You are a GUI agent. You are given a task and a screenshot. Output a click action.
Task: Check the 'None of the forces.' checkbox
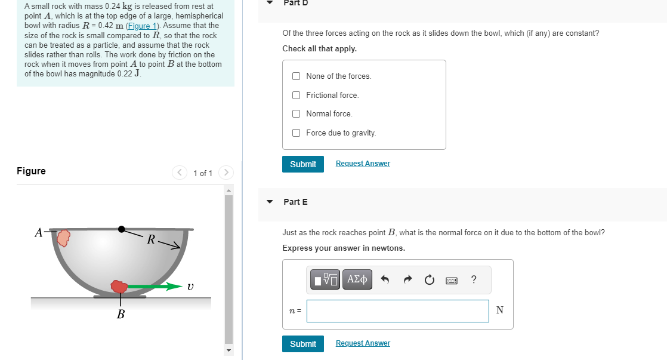297,76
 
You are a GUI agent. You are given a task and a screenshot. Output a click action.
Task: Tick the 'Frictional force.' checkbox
297,96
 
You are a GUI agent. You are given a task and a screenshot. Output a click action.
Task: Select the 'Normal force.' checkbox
297,114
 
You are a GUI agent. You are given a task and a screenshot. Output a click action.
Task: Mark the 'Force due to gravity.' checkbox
297,133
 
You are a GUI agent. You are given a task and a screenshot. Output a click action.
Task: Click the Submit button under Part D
302,164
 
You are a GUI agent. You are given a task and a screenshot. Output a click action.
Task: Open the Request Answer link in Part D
363,164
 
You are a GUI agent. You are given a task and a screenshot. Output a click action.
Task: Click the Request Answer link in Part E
363,343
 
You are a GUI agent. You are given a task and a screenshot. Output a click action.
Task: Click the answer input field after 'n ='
397,310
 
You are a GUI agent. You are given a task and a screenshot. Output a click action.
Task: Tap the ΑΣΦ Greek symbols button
357,279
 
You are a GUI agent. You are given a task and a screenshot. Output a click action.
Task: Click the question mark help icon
474,279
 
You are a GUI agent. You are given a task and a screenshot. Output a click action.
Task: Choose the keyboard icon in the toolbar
451,279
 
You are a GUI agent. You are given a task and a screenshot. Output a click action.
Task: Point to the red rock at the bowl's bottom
119,287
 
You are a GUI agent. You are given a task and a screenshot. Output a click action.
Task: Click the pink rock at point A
63,238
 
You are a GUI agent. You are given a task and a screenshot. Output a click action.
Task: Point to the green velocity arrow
155,287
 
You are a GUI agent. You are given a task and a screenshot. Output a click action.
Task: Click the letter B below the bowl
121,314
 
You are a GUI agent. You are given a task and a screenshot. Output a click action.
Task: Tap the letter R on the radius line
152,240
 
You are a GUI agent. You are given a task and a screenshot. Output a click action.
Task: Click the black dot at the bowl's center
122,229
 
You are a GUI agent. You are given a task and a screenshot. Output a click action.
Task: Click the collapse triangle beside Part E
270,202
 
